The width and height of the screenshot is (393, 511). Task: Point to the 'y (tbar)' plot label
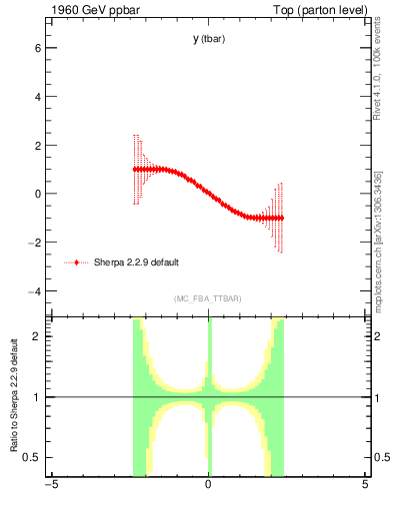tap(208, 39)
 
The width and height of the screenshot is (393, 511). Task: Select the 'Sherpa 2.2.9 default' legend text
tap(136, 262)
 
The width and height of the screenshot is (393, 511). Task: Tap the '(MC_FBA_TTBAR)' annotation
tap(208, 298)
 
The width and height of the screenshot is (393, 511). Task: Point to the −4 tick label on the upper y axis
tap(35, 290)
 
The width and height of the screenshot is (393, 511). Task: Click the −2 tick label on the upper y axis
tap(35, 243)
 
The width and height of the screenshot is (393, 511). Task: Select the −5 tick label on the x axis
tap(51, 486)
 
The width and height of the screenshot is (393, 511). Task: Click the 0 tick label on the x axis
tap(208, 486)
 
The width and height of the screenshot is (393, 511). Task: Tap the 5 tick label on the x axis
tap(365, 486)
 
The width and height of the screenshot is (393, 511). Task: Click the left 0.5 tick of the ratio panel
tap(32, 457)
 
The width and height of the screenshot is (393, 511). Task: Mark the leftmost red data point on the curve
tap(135, 170)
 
